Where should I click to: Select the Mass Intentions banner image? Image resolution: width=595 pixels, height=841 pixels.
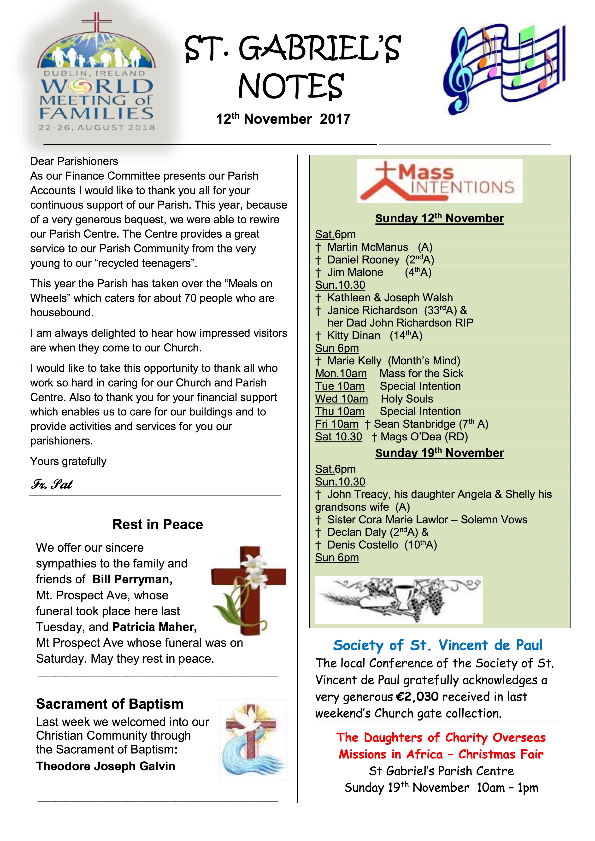[439, 181]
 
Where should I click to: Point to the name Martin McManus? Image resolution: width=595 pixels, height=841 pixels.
[367, 247]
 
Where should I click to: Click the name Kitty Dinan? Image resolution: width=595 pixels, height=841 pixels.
[353, 336]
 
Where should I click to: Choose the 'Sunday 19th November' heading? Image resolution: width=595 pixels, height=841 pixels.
[439, 453]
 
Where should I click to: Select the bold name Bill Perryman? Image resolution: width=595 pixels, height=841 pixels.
[132, 579]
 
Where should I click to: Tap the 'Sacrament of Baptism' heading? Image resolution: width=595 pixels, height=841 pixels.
[110, 704]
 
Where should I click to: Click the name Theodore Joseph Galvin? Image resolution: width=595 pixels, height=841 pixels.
[106, 766]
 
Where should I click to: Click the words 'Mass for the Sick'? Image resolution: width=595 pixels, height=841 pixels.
[421, 374]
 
